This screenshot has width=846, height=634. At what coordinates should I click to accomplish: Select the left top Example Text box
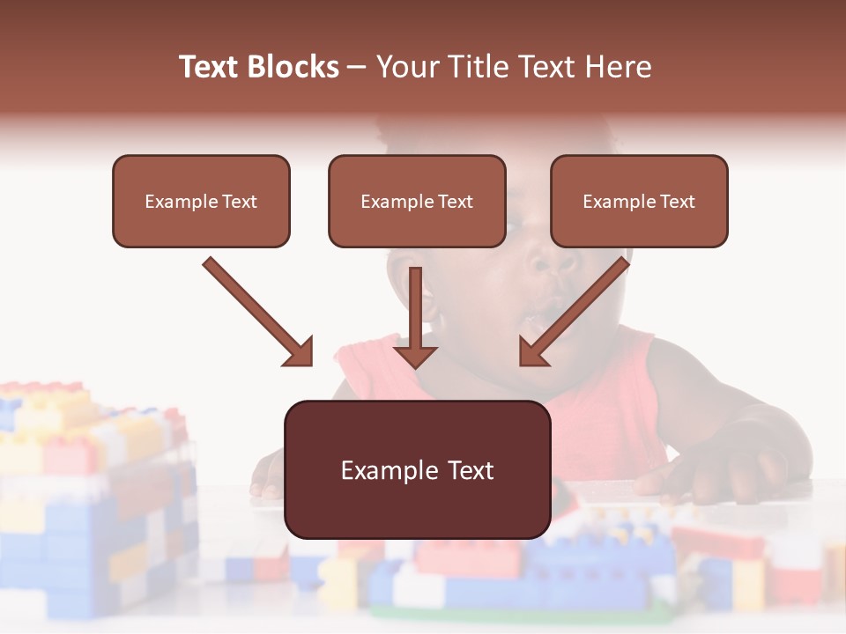point(201,202)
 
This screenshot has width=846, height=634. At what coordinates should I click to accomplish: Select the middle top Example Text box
point(417,202)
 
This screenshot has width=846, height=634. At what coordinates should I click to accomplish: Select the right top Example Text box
point(639,202)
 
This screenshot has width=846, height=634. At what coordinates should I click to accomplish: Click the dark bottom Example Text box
point(417,470)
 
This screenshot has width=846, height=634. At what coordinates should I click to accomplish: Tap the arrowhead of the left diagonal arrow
point(300,352)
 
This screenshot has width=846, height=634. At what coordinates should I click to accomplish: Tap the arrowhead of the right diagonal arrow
point(532,352)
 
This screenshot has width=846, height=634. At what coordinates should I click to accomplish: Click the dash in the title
point(357,67)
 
